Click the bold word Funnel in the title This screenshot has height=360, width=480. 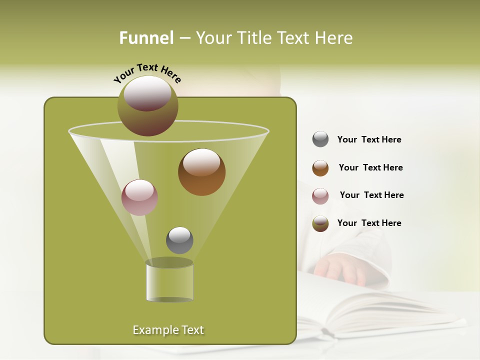tap(146, 38)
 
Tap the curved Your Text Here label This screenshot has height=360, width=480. tap(147, 73)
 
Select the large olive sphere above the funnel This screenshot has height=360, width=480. tap(147, 105)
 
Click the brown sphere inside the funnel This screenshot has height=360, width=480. tap(201, 172)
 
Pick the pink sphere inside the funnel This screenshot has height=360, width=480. tap(139, 197)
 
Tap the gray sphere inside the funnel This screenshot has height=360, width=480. tap(179, 240)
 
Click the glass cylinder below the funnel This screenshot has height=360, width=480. tap(169, 281)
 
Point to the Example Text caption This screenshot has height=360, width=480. tap(168, 330)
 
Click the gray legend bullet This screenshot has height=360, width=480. tap(320, 139)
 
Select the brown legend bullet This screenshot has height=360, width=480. tap(320, 168)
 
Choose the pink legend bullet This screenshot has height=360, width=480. tap(320, 196)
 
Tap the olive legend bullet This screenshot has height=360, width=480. tap(320, 223)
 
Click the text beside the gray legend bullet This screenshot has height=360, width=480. tap(369, 139)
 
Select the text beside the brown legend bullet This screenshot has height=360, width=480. tap(370, 167)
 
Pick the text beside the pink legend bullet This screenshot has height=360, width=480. tap(371, 195)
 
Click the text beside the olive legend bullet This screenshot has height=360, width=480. tap(369, 223)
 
